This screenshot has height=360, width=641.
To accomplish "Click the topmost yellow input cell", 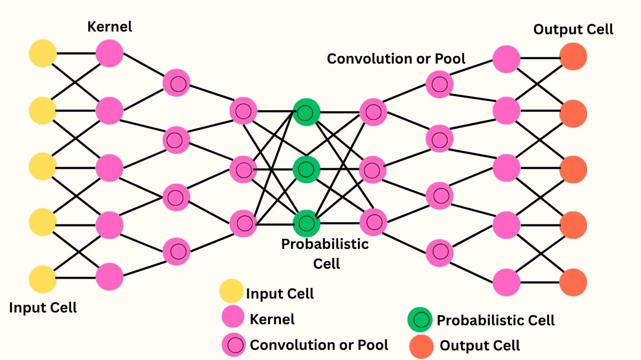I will point(43,53).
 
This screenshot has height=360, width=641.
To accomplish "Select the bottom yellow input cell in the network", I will point(43,279).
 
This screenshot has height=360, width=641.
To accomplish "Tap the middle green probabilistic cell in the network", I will point(306,169).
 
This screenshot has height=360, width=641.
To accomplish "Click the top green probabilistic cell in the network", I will point(306,113).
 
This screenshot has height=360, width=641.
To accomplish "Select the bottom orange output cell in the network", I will point(574,283).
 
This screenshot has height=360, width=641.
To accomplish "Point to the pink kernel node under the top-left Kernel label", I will point(110,53).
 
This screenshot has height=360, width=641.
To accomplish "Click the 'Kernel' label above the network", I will point(110,26).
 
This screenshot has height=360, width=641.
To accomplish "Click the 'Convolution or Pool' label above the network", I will point(396,58).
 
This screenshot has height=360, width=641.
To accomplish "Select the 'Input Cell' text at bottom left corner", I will point(43,308).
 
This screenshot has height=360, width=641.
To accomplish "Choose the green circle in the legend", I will point(420,320).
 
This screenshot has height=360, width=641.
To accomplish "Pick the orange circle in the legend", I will point(421,346).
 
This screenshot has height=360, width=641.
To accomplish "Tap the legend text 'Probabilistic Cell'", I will point(496,320).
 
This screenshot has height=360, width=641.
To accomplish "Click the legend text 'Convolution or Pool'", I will point(319,345).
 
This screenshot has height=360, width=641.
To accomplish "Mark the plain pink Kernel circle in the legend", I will point(233,318).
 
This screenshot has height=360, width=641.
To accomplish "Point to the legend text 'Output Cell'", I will point(479,346).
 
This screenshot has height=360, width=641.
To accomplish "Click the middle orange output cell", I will point(574,169).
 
